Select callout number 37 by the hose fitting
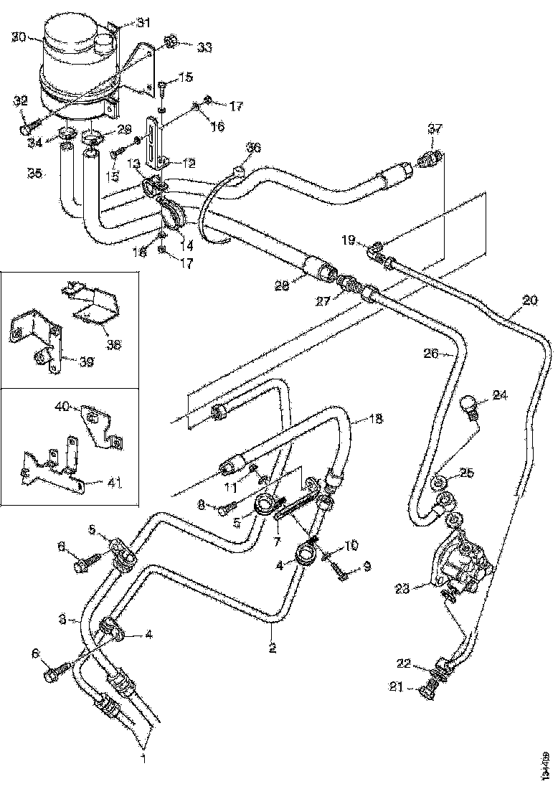435,129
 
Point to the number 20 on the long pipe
529,301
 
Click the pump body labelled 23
459,563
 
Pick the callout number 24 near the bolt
499,394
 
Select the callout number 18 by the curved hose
377,417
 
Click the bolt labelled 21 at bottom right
429,691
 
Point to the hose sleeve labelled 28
321,272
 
